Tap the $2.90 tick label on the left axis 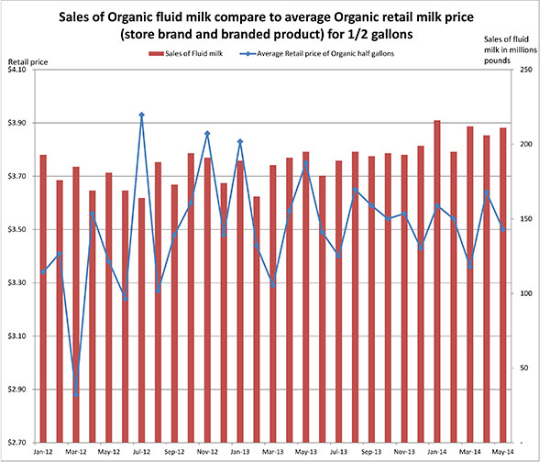coord(19,390)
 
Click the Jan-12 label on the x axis coord(43,452)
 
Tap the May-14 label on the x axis coord(502,452)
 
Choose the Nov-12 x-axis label coord(207,452)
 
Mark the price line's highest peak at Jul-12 coord(142,115)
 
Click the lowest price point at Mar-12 coord(76,394)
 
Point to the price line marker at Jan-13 coord(240,141)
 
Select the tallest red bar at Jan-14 coord(437,275)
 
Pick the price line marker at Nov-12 coord(207,134)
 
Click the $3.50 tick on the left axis coord(19,230)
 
